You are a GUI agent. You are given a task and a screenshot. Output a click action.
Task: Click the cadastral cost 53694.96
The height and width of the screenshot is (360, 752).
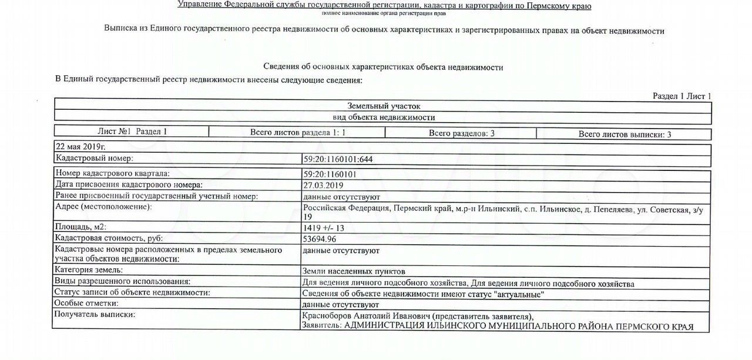[320, 239]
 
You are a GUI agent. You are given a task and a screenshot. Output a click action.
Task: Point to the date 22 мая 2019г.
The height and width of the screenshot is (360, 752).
[80, 146]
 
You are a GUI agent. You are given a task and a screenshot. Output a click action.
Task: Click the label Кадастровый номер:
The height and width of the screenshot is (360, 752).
[94, 159]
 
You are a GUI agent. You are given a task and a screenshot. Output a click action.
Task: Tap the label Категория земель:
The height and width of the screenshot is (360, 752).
[89, 271]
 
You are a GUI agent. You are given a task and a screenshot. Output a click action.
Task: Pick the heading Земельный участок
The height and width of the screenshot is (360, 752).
[383, 106]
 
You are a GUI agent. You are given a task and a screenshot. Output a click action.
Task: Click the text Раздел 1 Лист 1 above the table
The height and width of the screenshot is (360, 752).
[681, 96]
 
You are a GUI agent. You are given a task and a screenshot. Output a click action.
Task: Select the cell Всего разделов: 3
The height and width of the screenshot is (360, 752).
[461, 133]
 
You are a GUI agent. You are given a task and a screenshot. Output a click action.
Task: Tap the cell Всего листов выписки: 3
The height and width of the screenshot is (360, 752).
[625, 134]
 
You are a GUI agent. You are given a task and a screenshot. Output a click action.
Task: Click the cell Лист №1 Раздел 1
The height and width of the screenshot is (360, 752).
[132, 132]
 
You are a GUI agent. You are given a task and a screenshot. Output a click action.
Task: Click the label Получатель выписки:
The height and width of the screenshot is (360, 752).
[94, 315]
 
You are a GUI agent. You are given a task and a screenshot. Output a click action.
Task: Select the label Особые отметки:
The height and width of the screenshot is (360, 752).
[86, 304]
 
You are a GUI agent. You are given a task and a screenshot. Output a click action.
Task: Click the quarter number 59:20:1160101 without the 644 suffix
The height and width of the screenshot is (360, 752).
[330, 174]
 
